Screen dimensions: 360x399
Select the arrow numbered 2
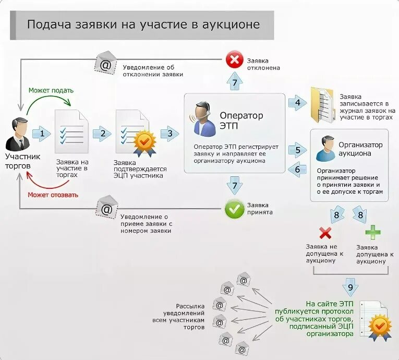click(102, 134)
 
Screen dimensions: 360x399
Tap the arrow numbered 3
click(169, 134)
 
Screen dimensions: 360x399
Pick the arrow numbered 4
click(297, 103)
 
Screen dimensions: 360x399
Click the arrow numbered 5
click(298, 151)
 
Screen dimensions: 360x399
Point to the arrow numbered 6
click(298, 169)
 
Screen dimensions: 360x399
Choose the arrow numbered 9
click(350, 287)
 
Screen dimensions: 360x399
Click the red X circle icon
click(234, 59)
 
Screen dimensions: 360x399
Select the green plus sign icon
click(372, 232)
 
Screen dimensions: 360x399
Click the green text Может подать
click(51, 90)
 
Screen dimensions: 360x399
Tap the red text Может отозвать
click(54, 195)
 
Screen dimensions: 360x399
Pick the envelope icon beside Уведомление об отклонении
click(106, 63)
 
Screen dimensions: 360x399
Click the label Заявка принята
click(260, 209)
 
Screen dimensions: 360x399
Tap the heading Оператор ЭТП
click(241, 120)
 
